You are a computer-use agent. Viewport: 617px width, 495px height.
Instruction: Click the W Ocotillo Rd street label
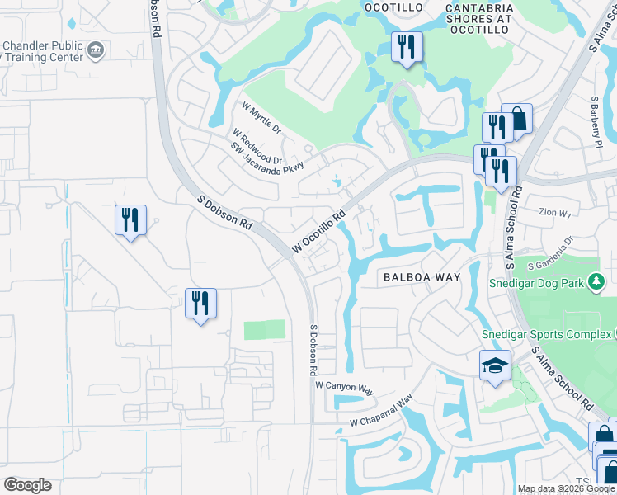[x=319, y=230]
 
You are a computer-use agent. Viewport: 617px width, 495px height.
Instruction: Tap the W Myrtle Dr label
[x=261, y=118]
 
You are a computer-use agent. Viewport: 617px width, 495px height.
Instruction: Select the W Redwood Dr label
[x=257, y=146]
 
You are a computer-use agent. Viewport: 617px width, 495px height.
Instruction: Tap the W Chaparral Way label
[x=380, y=414]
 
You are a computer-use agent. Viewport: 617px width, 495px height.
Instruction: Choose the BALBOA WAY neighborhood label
[x=421, y=278]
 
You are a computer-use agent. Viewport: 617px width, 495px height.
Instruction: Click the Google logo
[x=28, y=485]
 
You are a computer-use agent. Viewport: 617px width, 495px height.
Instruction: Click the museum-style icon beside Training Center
[x=97, y=51]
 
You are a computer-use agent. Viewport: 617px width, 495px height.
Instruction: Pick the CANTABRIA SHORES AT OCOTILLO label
[x=478, y=17]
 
